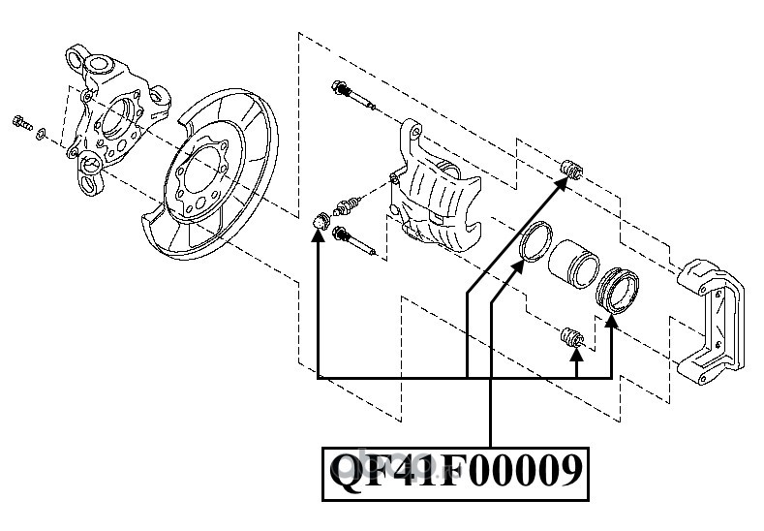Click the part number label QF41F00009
455,472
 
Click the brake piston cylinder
573,264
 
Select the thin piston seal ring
536,241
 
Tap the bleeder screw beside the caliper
348,205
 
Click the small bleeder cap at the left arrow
320,220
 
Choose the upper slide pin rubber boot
571,169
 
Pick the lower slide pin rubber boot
570,337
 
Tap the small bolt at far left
21,122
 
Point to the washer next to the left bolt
42,132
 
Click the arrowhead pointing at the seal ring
518,267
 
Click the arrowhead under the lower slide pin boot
576,354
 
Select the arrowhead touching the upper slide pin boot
562,185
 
